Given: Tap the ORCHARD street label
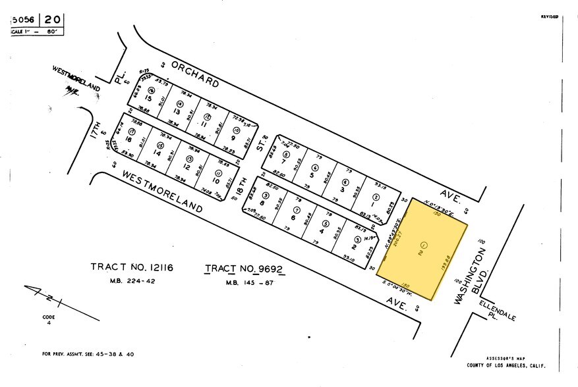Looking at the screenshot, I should click(195, 74).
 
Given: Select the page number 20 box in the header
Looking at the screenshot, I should click(55, 20).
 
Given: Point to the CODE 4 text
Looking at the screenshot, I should click(47, 319).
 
